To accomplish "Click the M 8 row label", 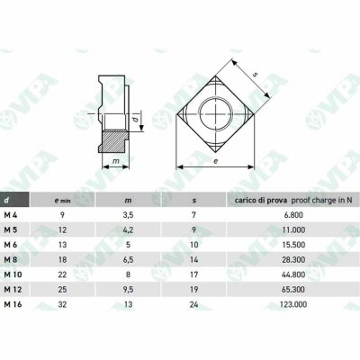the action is coord(11,259).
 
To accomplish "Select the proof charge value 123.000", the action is coord(293,304).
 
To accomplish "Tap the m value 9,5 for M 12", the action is coord(128,290).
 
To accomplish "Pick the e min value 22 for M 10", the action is coord(62,274).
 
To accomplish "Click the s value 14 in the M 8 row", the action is coord(194,259).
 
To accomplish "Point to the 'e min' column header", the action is coord(62,201).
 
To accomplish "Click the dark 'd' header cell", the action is coord(14,200).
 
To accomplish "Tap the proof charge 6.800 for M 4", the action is coord(292,215).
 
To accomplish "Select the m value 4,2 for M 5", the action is coord(128,229).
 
